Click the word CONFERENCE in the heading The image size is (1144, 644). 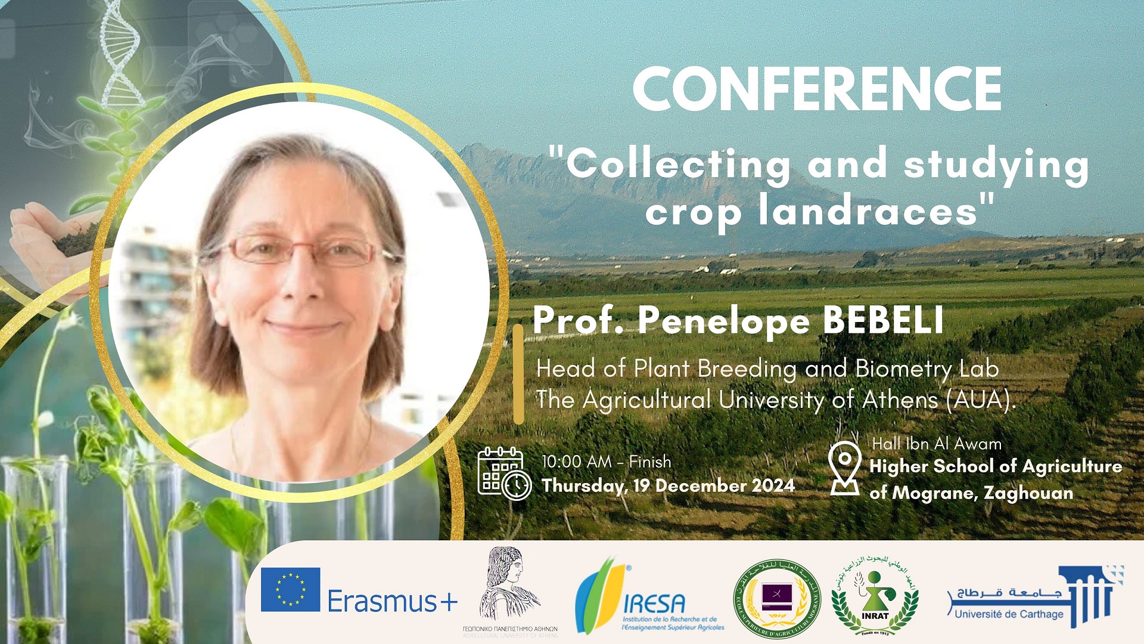[817, 89]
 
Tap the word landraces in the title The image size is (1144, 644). [868, 212]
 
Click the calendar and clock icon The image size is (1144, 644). [504, 473]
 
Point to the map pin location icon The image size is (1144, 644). [845, 469]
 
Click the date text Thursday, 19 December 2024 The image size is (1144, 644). [668, 485]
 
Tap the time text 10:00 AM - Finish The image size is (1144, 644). [606, 462]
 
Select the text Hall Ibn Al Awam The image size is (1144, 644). [937, 444]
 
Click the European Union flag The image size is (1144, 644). [290, 589]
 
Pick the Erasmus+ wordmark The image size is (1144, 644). [392, 601]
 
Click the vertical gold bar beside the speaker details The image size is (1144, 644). [518, 374]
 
